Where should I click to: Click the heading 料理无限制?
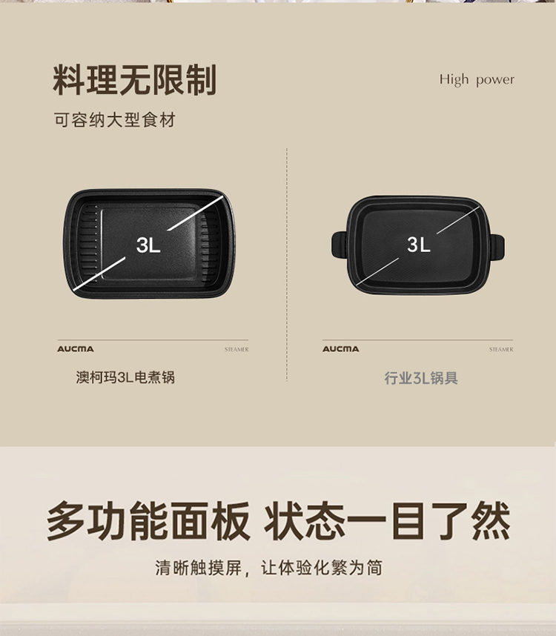pyautogui.click(x=134, y=80)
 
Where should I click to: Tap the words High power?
pyautogui.click(x=477, y=79)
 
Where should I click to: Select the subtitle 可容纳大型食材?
pyautogui.click(x=115, y=120)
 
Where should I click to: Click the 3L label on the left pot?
pyautogui.click(x=148, y=245)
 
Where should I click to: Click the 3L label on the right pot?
pyautogui.click(x=419, y=245)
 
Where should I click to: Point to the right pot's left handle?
pyautogui.click(x=339, y=245)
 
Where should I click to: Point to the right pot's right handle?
pyautogui.click(x=497, y=248)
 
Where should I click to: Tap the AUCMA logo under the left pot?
pyautogui.click(x=76, y=349)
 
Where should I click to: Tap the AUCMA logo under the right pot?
pyautogui.click(x=341, y=349)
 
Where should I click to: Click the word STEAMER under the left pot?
pyautogui.click(x=236, y=349)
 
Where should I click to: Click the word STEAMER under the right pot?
pyautogui.click(x=501, y=349)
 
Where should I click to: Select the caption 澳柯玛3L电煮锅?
pyautogui.click(x=125, y=377)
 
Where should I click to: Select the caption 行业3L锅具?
pyautogui.click(x=421, y=378)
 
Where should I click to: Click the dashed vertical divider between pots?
pyautogui.click(x=287, y=265)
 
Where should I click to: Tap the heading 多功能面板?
pyautogui.click(x=148, y=521)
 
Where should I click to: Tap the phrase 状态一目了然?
pyautogui.click(x=387, y=521)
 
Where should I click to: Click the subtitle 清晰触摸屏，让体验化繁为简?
pyautogui.click(x=269, y=568)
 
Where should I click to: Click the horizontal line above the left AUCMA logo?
pyautogui.click(x=153, y=340)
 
